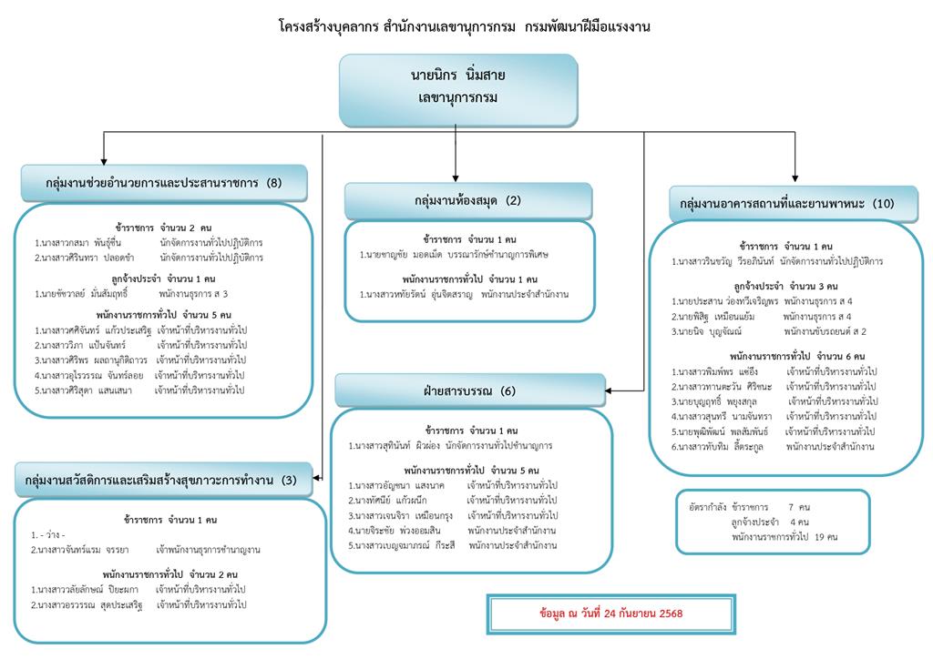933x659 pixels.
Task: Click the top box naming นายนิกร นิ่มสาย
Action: click(x=458, y=88)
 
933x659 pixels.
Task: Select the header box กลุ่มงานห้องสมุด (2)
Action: click(x=467, y=200)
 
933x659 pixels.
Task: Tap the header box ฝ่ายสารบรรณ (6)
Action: click(x=469, y=390)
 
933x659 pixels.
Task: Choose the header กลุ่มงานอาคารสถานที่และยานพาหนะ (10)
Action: click(x=781, y=203)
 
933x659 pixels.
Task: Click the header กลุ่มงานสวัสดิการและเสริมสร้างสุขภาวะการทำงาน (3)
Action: click(x=161, y=479)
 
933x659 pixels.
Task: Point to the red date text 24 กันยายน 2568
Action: click(x=610, y=613)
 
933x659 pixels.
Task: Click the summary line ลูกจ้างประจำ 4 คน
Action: click(x=769, y=522)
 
